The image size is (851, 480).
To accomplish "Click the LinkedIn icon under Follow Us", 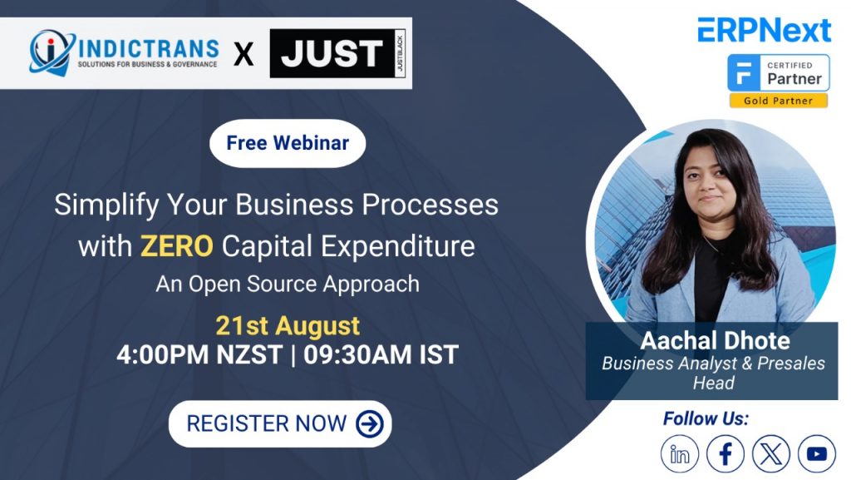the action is point(680,453).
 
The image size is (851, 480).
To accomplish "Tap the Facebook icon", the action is point(726,453).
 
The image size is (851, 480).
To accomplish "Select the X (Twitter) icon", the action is point(771,453).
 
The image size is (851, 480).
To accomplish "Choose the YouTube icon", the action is point(817,453).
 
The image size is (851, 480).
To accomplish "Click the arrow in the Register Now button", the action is point(370,423).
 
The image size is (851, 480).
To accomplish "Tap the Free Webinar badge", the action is point(288,143).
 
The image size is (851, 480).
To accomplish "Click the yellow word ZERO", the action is point(177,246).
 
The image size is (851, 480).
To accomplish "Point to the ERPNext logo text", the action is point(765,30).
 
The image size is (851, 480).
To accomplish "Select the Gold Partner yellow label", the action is point(778,101).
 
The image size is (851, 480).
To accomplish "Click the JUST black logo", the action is point(337,53).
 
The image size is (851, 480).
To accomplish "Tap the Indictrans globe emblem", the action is point(51,52).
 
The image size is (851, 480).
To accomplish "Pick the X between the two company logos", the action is point(243,54).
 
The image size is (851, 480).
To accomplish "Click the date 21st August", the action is point(288,326).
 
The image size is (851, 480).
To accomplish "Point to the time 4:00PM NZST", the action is point(199,355).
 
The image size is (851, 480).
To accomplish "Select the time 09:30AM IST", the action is point(381,355).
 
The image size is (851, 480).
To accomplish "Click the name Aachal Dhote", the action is point(716,341).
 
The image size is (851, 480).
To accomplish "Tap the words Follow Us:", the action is point(706,418).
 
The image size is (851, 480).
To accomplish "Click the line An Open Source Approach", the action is point(288,285).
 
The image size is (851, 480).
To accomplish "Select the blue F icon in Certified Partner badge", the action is point(744,72).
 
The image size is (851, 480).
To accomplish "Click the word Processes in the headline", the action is point(430,205).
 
